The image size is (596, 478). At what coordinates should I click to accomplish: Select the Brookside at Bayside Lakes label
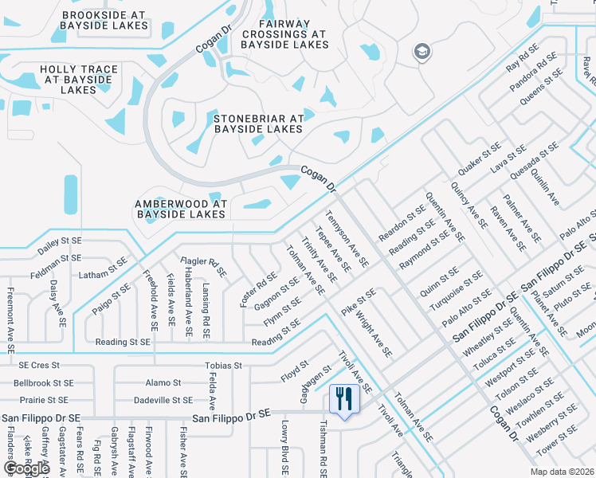[x=104, y=20]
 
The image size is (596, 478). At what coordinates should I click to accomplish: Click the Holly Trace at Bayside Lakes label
[x=79, y=80]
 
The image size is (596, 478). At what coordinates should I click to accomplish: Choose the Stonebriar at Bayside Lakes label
[x=259, y=123]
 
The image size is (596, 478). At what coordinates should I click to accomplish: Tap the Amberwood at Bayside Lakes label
[x=181, y=209]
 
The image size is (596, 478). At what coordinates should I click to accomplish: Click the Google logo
[x=26, y=468]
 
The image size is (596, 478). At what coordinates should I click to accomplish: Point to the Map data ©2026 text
[x=561, y=472]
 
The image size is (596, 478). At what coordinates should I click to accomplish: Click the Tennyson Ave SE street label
[x=347, y=238]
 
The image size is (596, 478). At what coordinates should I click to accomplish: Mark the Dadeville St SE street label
[x=163, y=400]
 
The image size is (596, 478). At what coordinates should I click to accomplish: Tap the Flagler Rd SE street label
[x=204, y=266]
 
